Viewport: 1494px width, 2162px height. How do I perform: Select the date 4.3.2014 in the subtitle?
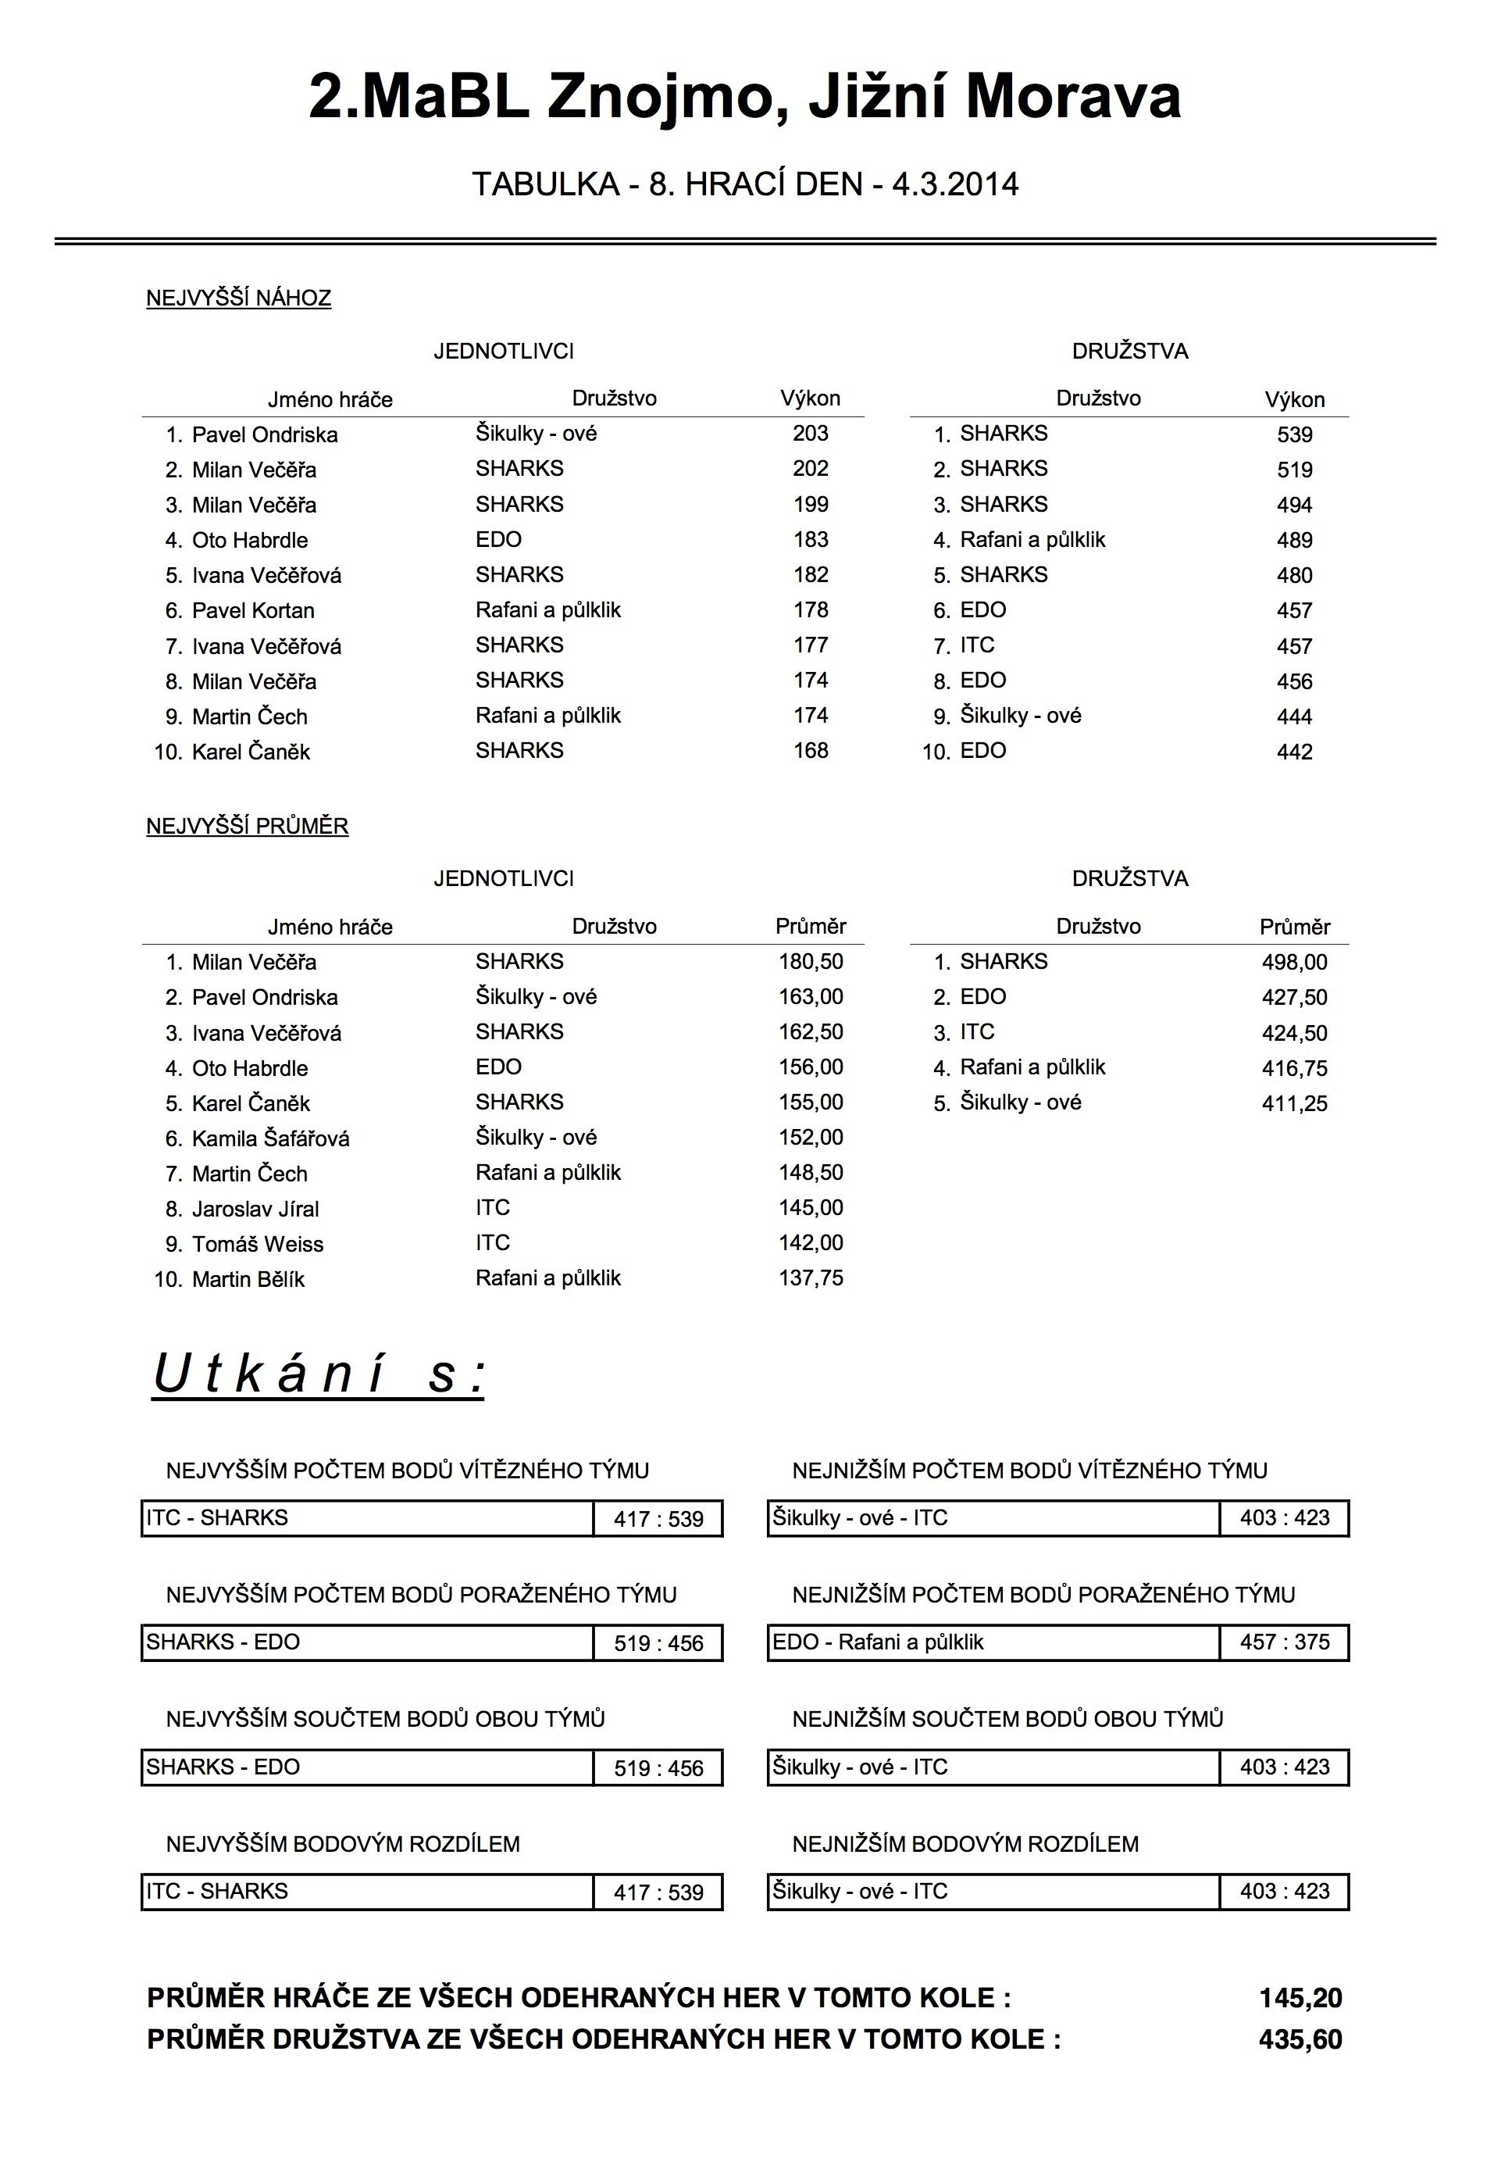click(x=955, y=184)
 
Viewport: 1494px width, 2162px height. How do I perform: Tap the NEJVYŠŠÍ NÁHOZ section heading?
click(x=239, y=299)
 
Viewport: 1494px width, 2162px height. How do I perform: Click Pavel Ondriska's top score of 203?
click(x=810, y=434)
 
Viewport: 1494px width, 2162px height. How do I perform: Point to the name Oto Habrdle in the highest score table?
click(x=249, y=540)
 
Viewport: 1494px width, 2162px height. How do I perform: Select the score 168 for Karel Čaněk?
click(x=810, y=751)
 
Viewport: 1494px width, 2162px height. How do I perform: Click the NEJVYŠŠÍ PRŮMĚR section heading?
click(x=247, y=827)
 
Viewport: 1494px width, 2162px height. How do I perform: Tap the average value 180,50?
click(x=810, y=962)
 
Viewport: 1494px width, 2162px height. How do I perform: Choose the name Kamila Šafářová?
click(x=270, y=1138)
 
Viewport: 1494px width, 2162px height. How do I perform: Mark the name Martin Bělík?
click(x=248, y=1280)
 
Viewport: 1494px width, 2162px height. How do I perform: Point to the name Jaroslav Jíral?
click(x=255, y=1210)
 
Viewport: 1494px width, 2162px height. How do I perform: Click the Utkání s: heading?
click(x=319, y=1374)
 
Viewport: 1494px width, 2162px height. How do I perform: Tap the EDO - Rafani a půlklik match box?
click(x=993, y=1642)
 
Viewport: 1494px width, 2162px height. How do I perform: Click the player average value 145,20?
click(x=1300, y=1998)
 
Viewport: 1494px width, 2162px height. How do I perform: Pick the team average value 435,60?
click(x=1300, y=2039)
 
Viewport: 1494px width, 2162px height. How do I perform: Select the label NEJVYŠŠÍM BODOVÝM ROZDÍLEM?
click(x=343, y=1844)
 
